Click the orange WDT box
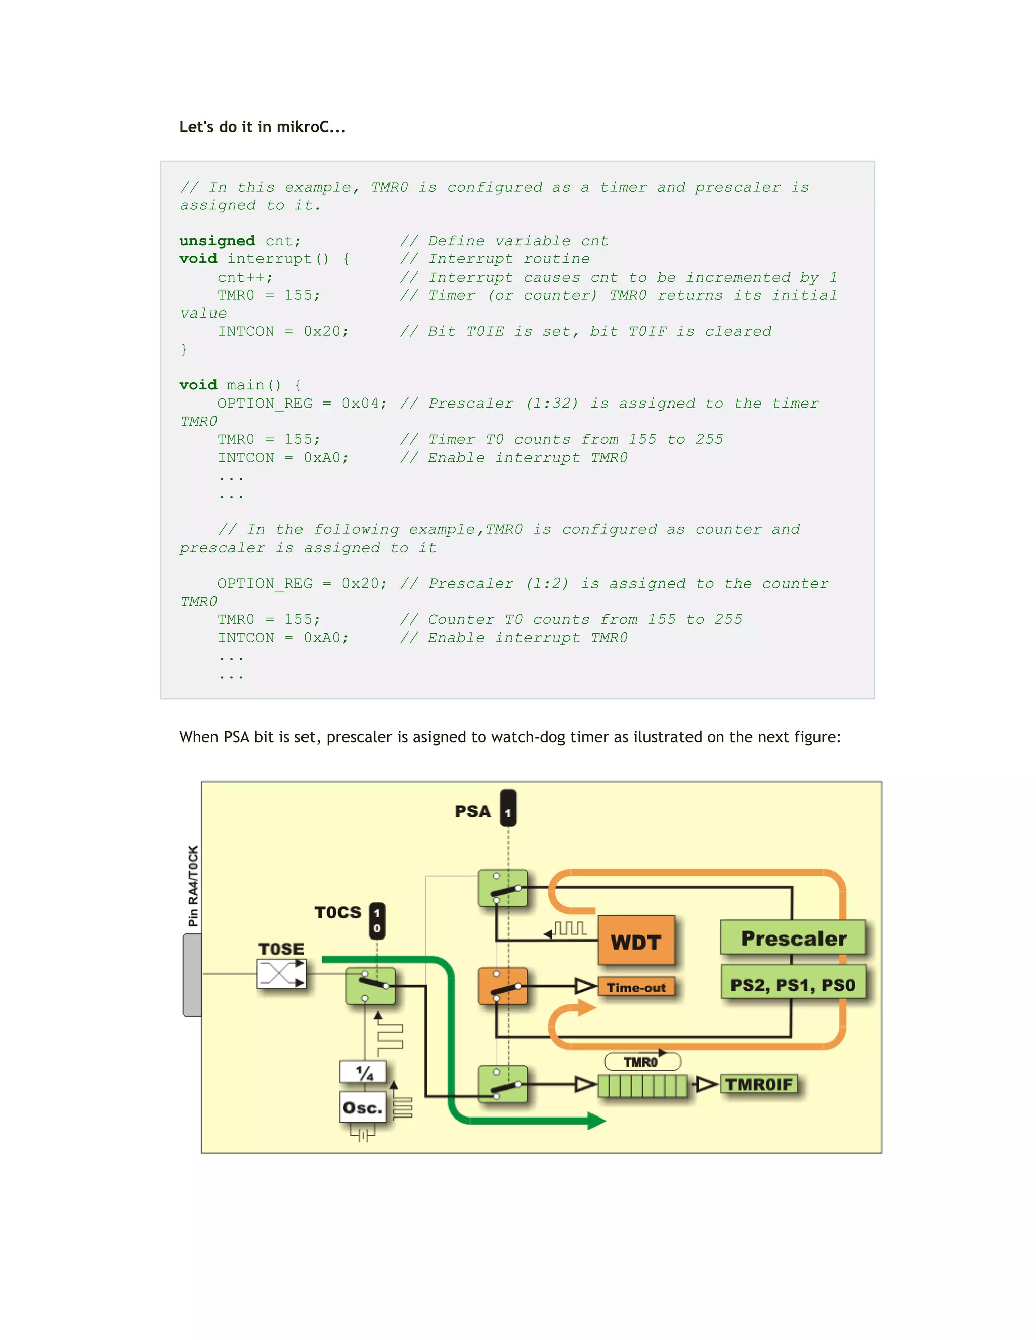[x=636, y=941]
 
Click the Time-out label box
[x=636, y=987]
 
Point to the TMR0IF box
[x=759, y=1084]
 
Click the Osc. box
[x=363, y=1107]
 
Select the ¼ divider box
[x=363, y=1073]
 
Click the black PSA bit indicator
[x=508, y=809]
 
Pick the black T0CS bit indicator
[x=377, y=921]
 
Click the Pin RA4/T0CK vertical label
[x=193, y=886]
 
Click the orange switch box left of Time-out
[x=502, y=986]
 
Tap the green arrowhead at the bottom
[x=595, y=1121]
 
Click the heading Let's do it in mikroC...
[x=262, y=127]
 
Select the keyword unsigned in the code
[x=217, y=241]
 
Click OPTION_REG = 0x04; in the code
[x=302, y=403]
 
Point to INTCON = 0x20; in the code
[x=283, y=331]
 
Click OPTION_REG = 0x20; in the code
[x=302, y=584]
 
